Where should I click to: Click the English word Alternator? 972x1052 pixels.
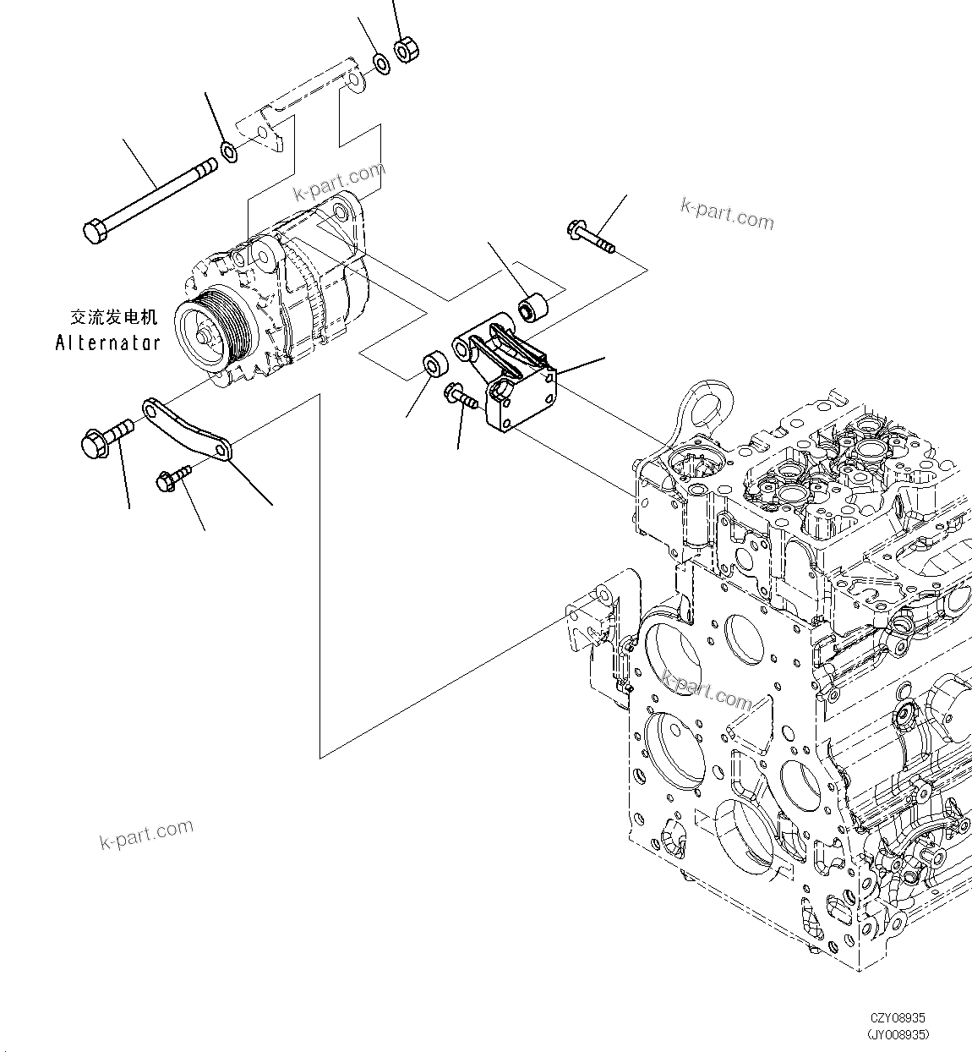[x=107, y=342]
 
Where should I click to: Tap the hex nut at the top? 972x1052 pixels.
[x=405, y=50]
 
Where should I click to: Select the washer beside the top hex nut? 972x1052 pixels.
[x=381, y=62]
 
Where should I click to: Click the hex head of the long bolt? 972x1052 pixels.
[x=94, y=229]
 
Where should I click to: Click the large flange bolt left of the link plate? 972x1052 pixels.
[x=99, y=439]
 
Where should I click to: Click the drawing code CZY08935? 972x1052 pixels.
[x=899, y=1019]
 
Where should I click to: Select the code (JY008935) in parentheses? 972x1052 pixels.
[x=898, y=1034]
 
